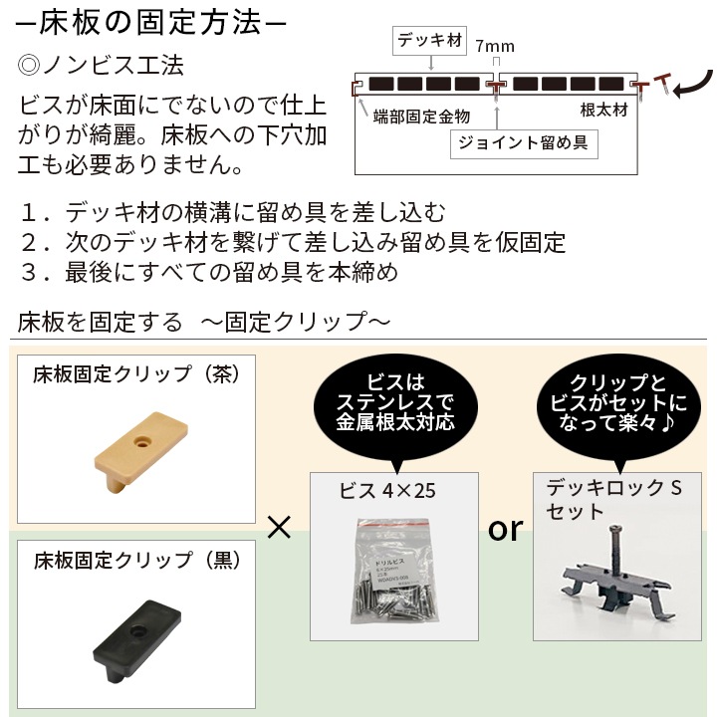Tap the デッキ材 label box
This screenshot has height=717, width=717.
(x=430, y=42)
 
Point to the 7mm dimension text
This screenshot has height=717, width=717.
(x=495, y=47)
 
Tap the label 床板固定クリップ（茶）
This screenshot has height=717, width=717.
(x=134, y=375)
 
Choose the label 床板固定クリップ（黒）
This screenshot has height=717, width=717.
(x=134, y=560)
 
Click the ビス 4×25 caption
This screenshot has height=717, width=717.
(x=388, y=490)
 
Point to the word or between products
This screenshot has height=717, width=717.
(x=505, y=529)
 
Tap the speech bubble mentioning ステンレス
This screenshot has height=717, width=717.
(x=395, y=402)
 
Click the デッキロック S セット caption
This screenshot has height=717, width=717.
(x=611, y=499)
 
